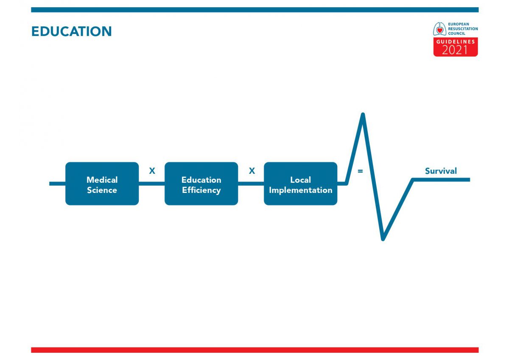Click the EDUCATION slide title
coord(72,31)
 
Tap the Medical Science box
coord(102,184)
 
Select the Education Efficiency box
coord(201,184)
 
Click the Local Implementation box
coord(301,184)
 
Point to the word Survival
coord(441,171)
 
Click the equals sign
coord(360,171)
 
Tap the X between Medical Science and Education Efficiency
coord(152,171)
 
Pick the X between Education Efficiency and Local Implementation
coord(252,171)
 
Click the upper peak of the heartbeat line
coord(363,114)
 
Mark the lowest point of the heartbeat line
coord(383,239)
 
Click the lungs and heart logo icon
coord(439,29)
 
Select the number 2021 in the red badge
coord(455,50)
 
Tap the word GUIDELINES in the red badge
coord(456,42)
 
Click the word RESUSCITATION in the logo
coord(463,29)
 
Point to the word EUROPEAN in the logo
coord(459,24)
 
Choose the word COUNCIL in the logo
coord(456,33)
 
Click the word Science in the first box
coord(102,190)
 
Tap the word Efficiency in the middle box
coord(201,190)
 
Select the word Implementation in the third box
coord(301,190)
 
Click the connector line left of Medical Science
coord(58,184)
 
